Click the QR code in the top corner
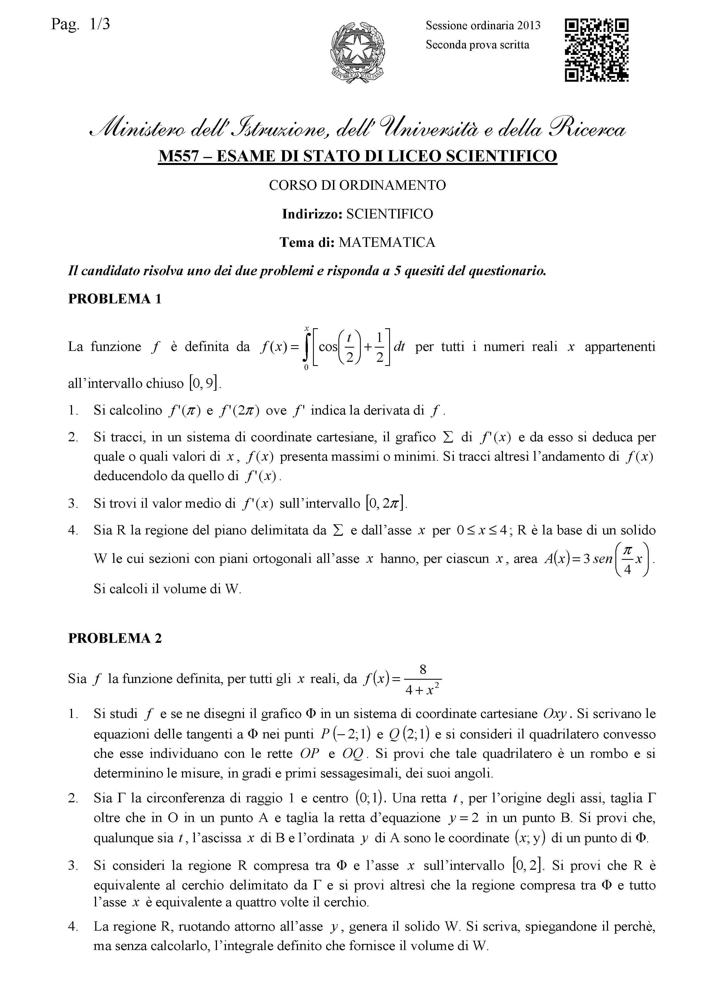click(x=597, y=50)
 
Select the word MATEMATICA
click(x=386, y=242)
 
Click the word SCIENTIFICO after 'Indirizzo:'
click(x=390, y=214)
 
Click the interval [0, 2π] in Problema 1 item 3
click(x=386, y=503)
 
